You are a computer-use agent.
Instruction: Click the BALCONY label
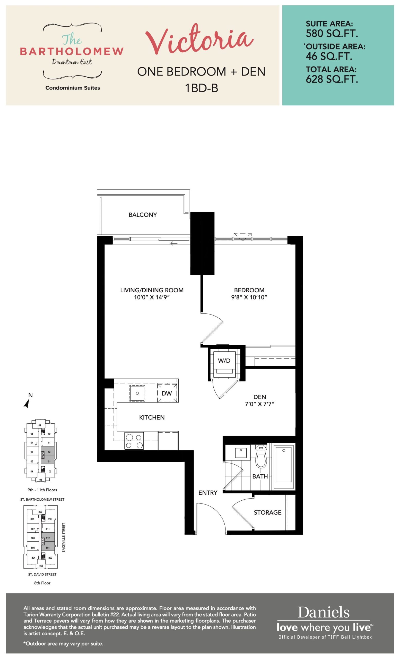pyautogui.click(x=143, y=214)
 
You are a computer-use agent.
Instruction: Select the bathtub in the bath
pyautogui.click(x=283, y=466)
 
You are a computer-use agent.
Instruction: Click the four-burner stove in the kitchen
pyautogui.click(x=134, y=441)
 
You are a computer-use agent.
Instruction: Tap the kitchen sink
pyautogui.click(x=137, y=393)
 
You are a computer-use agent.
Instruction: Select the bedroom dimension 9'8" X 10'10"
pyautogui.click(x=249, y=297)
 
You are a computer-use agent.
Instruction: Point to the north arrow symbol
pyautogui.click(x=27, y=403)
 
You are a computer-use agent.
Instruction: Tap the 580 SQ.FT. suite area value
pyautogui.click(x=332, y=34)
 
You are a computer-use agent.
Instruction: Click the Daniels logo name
pyautogui.click(x=324, y=612)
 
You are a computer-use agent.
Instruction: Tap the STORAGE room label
pyautogui.click(x=267, y=513)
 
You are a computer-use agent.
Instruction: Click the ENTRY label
pyautogui.click(x=208, y=493)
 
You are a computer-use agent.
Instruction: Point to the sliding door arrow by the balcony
pyautogui.click(x=174, y=243)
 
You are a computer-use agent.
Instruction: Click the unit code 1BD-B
pyautogui.click(x=202, y=88)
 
